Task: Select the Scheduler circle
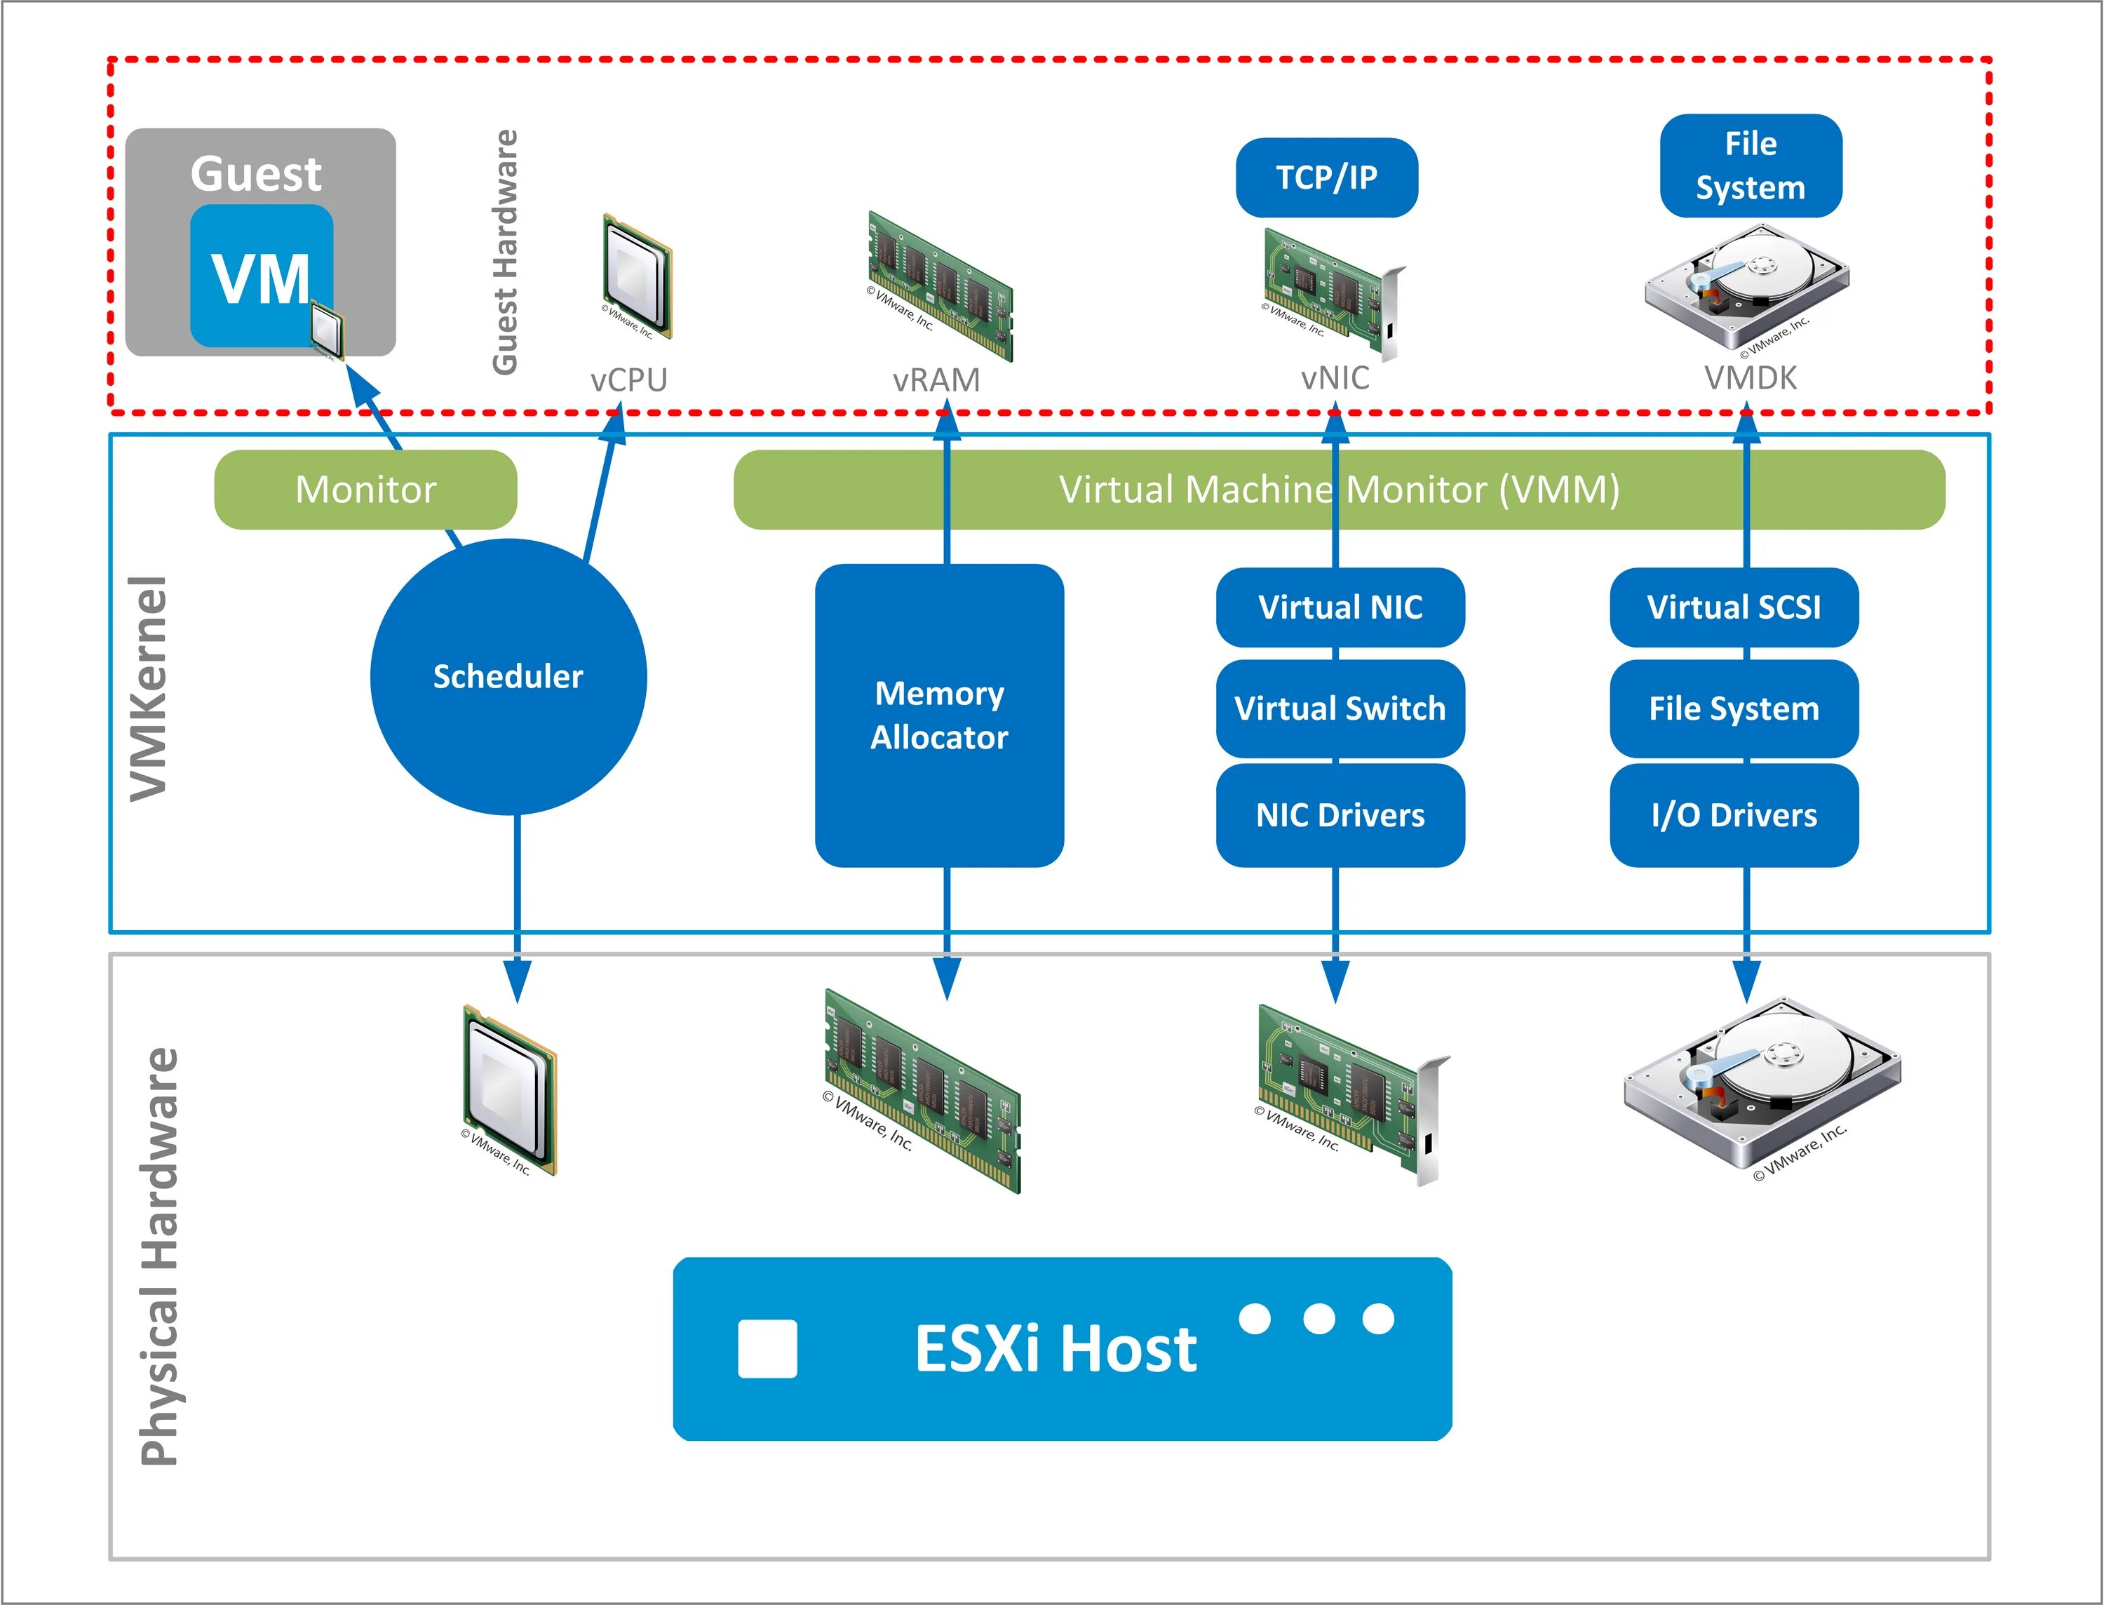point(508,676)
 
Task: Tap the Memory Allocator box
point(939,715)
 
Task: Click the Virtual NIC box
point(1340,607)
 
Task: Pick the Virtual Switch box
point(1340,709)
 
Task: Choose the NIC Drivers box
point(1340,815)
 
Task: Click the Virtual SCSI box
point(1734,607)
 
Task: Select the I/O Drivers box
point(1734,815)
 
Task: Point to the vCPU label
point(628,380)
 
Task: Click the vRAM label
point(936,380)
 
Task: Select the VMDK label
point(1750,378)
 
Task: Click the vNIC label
point(1335,378)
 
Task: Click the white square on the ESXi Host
point(767,1349)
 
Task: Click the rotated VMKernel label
point(150,688)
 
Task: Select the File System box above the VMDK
point(1750,166)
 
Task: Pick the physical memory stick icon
point(922,1089)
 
